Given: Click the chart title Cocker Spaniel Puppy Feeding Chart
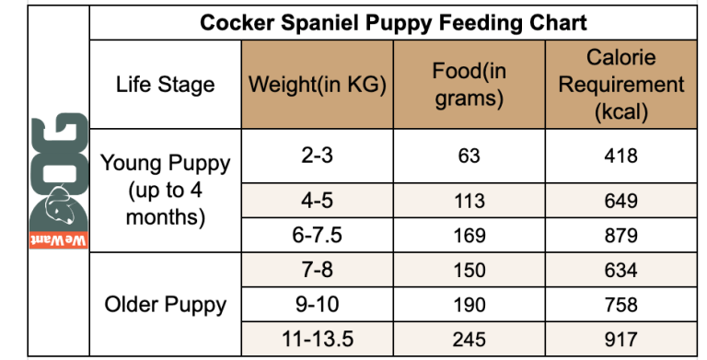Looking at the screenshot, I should pos(394,21).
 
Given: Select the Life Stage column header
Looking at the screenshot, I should pos(165,86).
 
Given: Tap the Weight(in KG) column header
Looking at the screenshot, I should pos(318,86).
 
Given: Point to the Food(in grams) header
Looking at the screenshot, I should pos(469,85).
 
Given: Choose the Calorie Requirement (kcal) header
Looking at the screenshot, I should pos(621,85).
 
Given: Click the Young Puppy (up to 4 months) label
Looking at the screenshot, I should pos(165,191).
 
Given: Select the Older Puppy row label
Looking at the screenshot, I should pos(165,304).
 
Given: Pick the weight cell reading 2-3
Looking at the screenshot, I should pos(318,156).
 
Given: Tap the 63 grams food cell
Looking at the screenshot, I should pos(469,156).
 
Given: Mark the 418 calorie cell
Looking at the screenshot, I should pos(621,156).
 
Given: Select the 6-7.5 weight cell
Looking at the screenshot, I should pos(318,236).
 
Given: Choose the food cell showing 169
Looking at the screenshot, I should pos(469,236).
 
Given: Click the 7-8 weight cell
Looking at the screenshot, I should pos(318,270).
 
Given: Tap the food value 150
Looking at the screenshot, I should pos(469,270).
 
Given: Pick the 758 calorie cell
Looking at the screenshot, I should pos(621,304).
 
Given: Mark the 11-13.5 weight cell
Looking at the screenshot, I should pos(318,339).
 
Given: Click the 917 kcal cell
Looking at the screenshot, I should pos(621,339).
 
